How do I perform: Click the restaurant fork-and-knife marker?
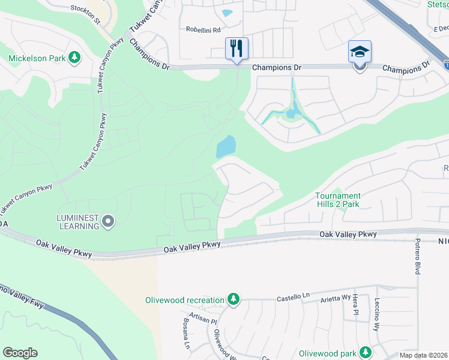tap(237, 48)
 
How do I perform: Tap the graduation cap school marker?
tap(360, 52)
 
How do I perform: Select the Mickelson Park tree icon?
tap(74, 58)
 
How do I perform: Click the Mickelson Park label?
tap(37, 58)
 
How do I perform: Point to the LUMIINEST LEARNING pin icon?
tap(108, 221)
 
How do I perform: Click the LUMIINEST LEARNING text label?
tap(79, 221)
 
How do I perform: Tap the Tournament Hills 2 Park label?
tap(339, 200)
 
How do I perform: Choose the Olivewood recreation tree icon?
tap(233, 299)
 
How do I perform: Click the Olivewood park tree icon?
tap(365, 353)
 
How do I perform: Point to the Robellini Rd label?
tap(203, 29)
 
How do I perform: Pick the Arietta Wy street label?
tap(334, 298)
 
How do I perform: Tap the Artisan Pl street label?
tap(202, 319)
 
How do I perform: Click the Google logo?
tap(20, 353)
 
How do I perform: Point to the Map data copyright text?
tap(424, 355)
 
